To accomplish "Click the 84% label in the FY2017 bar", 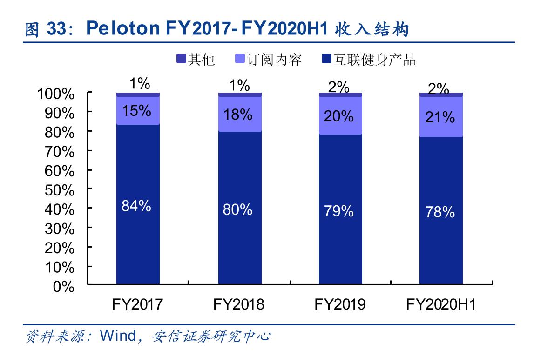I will pyautogui.click(x=136, y=206).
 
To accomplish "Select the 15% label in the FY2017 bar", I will pyautogui.click(x=136, y=111).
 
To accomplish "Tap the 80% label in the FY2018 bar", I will pyautogui.click(x=237, y=210).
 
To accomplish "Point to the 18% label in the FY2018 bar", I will pyautogui.click(x=237, y=114).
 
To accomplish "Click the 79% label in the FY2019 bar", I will pyautogui.click(x=339, y=211).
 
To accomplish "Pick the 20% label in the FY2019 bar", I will pyautogui.click(x=339, y=116).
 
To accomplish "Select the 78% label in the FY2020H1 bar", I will pyautogui.click(x=440, y=212).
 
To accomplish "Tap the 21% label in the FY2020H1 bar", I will pyautogui.click(x=440, y=117).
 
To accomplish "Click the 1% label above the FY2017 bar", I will pyautogui.click(x=140, y=84).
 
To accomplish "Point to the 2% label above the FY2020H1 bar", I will pyautogui.click(x=438, y=88).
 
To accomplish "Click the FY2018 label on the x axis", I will pyautogui.click(x=238, y=304).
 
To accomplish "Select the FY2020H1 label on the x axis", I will pyautogui.click(x=441, y=304).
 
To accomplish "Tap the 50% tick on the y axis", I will pyautogui.click(x=59, y=190).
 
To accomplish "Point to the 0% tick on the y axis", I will pyautogui.click(x=64, y=286).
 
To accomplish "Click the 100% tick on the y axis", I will pyautogui.click(x=55, y=94).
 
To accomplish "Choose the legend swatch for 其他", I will pyautogui.click(x=181, y=59).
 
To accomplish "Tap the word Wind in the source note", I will pyautogui.click(x=118, y=336).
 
